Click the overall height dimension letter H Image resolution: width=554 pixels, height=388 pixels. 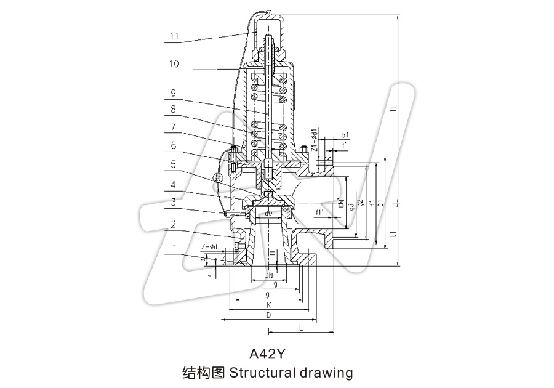coord(391,109)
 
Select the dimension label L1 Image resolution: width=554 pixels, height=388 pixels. coord(391,234)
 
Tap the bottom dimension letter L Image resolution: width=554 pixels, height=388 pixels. coord(300,328)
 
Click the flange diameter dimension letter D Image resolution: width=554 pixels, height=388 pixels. coord(268,315)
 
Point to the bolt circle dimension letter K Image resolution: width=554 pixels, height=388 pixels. coord(268,305)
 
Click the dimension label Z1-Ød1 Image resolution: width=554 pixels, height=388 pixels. coord(313,140)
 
